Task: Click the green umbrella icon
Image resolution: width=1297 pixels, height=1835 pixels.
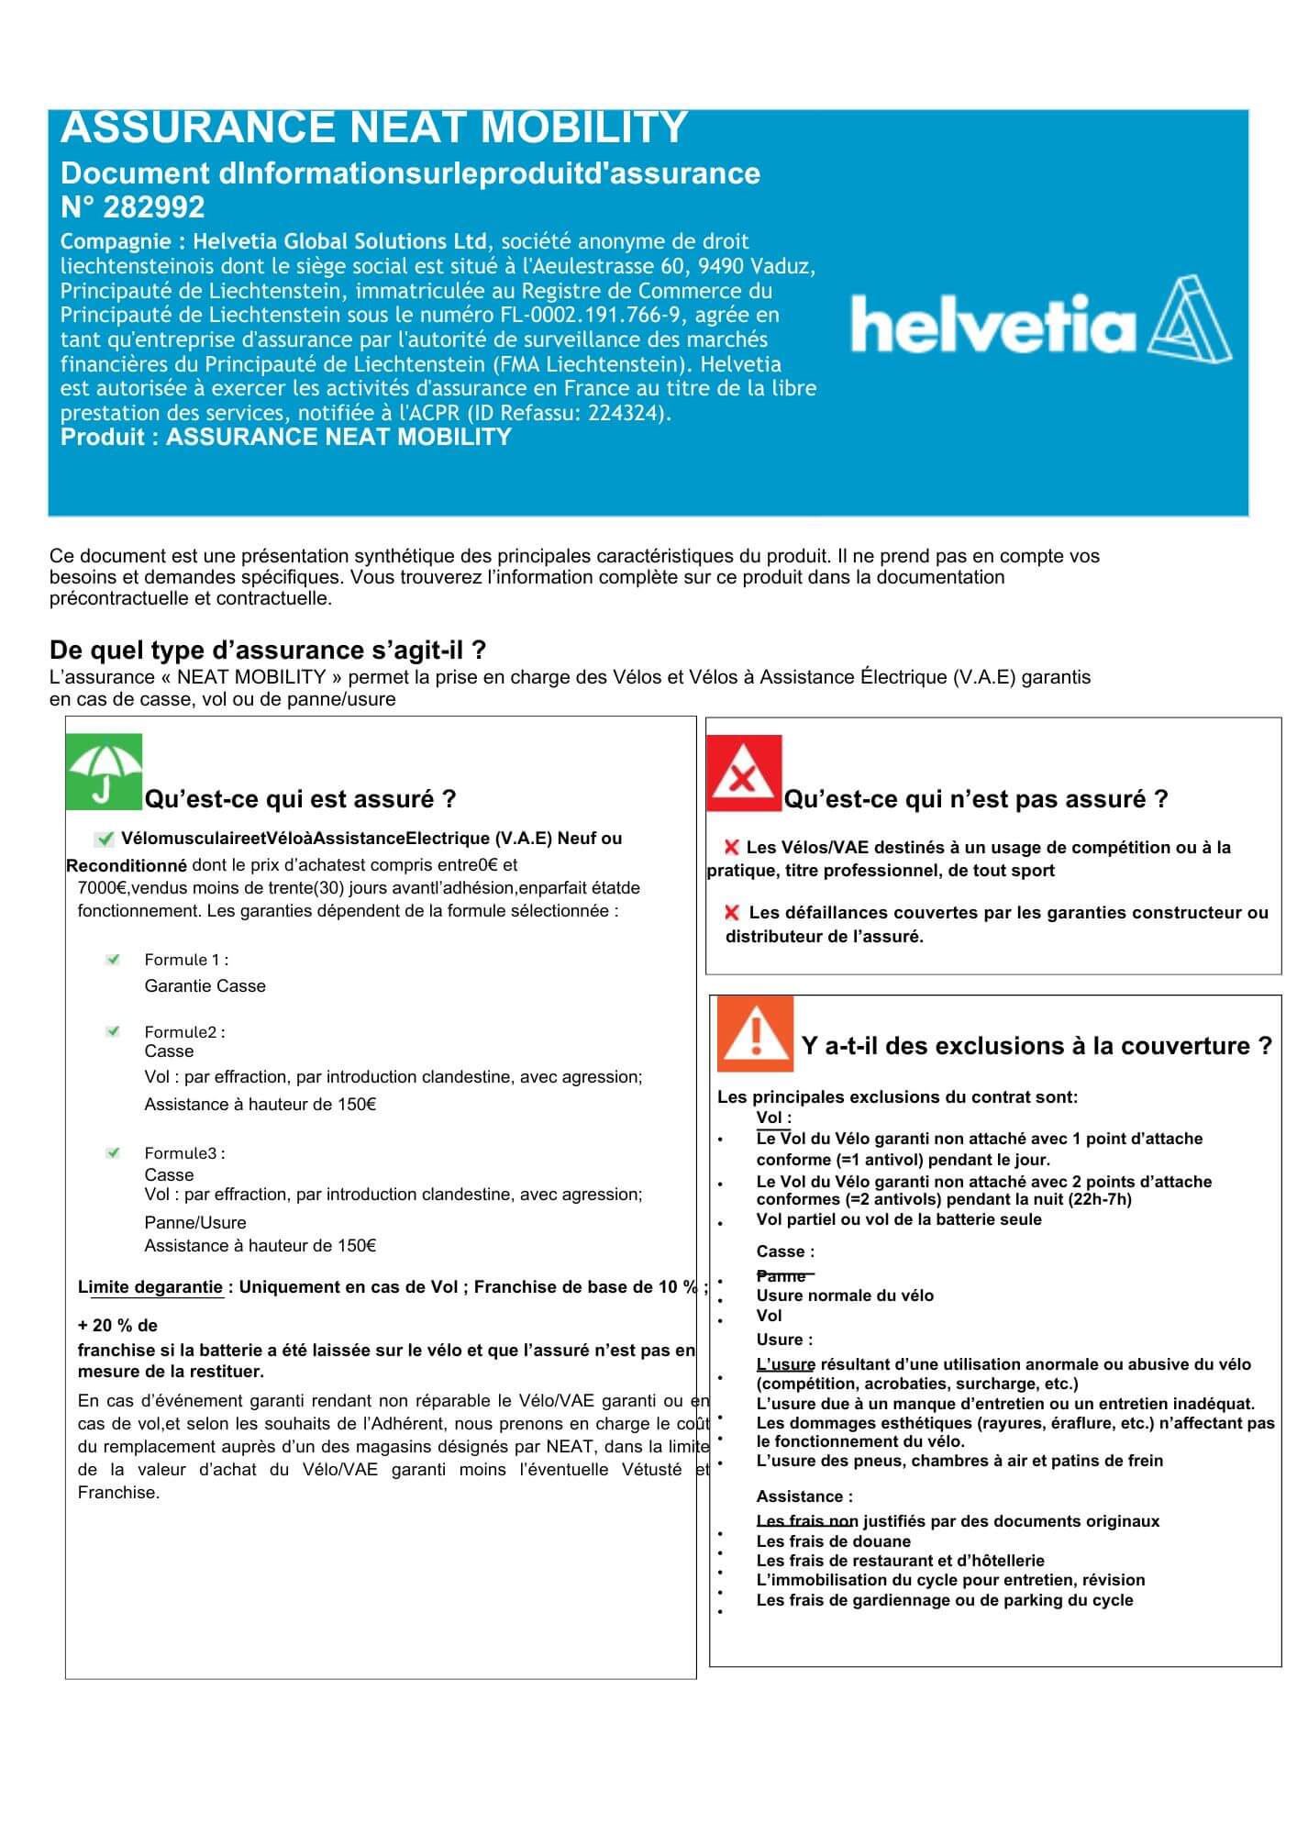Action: tap(104, 772)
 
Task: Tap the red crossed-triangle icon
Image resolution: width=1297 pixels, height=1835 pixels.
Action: tap(744, 773)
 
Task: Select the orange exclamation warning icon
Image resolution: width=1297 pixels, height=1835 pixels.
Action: tap(755, 1034)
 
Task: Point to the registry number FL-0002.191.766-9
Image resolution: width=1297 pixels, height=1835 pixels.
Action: tap(594, 315)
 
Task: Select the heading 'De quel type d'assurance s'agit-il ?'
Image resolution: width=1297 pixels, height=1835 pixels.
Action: tap(268, 651)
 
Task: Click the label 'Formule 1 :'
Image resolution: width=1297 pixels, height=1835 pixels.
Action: tap(186, 960)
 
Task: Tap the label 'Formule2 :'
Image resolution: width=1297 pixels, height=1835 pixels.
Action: tap(184, 1032)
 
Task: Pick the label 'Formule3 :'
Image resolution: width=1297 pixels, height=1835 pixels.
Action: tap(184, 1153)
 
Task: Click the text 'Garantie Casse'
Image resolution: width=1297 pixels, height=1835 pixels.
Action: tap(205, 986)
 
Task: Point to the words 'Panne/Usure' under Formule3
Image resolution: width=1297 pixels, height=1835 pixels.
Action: tap(195, 1222)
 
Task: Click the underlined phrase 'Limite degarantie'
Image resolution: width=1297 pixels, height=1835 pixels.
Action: tap(150, 1287)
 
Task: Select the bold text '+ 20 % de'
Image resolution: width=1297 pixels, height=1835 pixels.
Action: tap(117, 1326)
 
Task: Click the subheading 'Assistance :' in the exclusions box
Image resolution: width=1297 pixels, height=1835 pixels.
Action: tap(804, 1496)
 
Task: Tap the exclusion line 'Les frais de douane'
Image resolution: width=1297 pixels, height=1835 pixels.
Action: tap(833, 1541)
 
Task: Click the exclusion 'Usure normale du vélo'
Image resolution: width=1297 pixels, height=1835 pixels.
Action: tap(844, 1296)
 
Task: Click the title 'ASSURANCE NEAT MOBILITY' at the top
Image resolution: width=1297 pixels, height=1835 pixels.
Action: tap(374, 128)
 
